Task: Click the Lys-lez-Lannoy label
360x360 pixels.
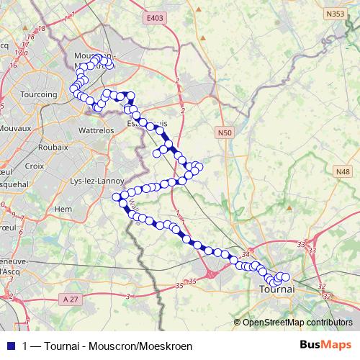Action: [x=93, y=181]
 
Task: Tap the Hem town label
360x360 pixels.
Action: [x=63, y=209]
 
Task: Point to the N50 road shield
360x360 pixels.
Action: [x=225, y=132]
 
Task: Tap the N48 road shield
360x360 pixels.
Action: [x=343, y=171]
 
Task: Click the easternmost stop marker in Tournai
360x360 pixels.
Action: [x=284, y=276]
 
